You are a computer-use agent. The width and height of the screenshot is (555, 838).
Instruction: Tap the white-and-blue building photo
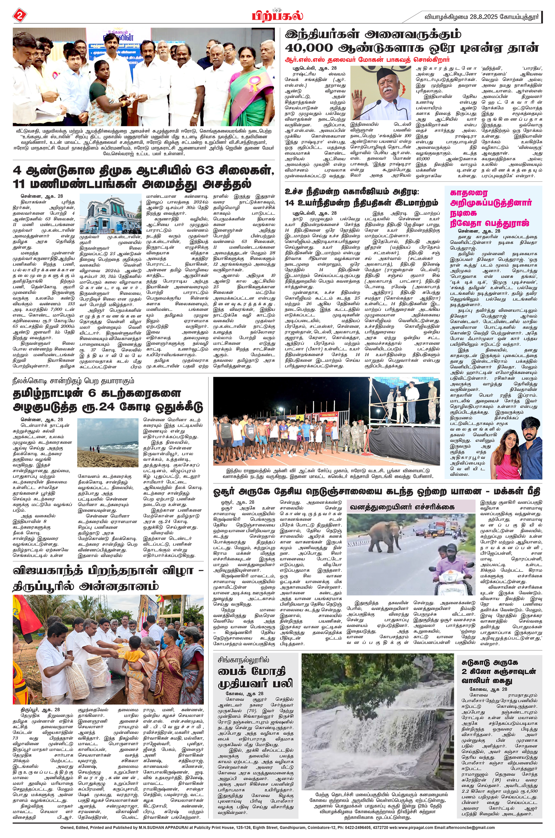pyautogui.click(x=110, y=214)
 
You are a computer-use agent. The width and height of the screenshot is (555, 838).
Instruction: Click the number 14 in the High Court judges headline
pyautogui.click(x=292, y=203)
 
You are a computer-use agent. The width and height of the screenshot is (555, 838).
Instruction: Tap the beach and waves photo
pyautogui.click(x=108, y=443)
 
